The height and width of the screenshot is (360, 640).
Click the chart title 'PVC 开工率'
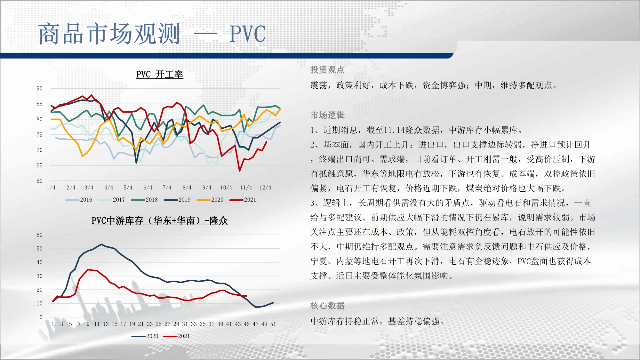tap(160, 75)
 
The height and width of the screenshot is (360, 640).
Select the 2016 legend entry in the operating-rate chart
tap(79, 200)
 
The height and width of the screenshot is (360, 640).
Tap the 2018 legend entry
tap(144, 200)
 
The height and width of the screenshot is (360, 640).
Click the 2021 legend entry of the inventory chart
tap(176, 336)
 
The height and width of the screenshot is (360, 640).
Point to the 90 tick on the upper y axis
tap(39, 89)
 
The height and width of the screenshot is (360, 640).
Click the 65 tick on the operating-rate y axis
tap(39, 165)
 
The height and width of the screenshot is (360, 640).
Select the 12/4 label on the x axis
tap(265, 188)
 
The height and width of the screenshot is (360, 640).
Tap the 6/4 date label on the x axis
tap(148, 188)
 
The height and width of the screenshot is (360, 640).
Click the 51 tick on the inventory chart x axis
tap(273, 324)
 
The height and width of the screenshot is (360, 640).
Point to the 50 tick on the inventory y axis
tap(39, 249)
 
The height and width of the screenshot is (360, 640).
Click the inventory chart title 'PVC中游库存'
tap(117, 221)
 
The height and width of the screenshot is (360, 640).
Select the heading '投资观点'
tap(327, 70)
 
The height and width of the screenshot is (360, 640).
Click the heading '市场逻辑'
tap(327, 115)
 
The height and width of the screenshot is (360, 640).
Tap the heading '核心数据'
tap(327, 306)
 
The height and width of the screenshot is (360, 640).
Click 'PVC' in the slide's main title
tap(248, 34)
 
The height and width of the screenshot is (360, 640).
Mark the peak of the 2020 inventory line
tap(101, 244)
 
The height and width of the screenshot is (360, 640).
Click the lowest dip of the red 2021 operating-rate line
tap(239, 171)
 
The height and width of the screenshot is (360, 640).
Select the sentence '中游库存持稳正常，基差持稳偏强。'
tap(378, 321)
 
